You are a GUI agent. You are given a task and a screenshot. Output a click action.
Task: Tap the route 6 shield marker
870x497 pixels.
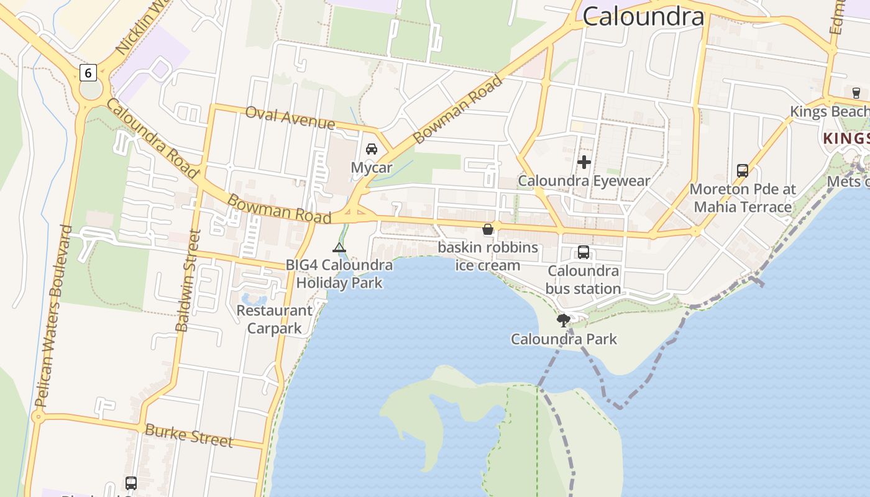coord(88,73)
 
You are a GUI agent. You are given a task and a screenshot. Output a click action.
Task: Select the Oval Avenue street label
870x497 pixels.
coord(290,117)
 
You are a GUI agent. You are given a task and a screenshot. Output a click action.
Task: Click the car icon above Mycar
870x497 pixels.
coord(372,149)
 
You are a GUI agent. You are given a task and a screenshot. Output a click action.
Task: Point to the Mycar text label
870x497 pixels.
coord(372,167)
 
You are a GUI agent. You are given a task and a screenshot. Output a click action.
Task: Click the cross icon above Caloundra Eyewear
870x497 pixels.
coord(584,163)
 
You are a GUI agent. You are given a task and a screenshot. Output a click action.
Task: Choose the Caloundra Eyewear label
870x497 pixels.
coord(584,181)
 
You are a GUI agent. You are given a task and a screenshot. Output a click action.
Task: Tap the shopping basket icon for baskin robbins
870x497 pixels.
coord(488,229)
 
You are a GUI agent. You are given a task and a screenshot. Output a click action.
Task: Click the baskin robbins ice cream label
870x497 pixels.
coord(488,256)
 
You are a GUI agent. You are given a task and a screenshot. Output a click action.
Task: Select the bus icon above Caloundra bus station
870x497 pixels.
coord(583,252)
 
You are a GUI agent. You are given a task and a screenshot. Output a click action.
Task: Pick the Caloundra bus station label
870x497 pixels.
coord(583,280)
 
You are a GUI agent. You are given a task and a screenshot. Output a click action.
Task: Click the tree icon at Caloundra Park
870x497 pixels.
coord(564,321)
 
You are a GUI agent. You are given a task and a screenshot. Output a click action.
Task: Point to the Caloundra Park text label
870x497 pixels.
coord(564,339)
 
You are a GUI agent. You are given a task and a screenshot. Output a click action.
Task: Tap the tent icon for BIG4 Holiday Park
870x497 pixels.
coord(339,248)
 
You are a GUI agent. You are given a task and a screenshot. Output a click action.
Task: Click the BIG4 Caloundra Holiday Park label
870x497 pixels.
coord(339,274)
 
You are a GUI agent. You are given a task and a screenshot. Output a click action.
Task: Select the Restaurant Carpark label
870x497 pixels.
coord(274,319)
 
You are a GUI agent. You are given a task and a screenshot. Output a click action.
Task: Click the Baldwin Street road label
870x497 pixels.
coord(188,281)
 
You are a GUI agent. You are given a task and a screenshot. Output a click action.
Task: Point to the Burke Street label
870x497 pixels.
coord(188,435)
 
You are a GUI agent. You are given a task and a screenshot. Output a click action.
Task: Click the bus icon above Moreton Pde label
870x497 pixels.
coord(742,171)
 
